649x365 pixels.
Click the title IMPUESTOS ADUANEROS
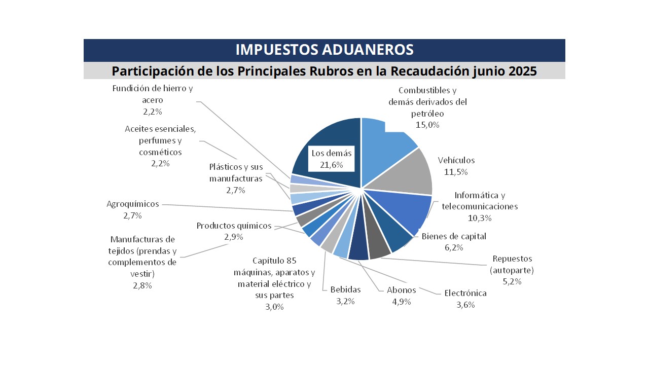pos(324,50)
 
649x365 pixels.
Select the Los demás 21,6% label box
pos(332,159)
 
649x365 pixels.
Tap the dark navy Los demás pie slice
pos(324,137)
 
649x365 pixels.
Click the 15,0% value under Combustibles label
pos(427,125)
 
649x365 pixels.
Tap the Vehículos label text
pos(456,160)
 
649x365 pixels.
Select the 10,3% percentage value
pos(480,218)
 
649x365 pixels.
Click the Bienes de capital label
pos(454,236)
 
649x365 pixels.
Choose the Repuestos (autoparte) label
pos(512,265)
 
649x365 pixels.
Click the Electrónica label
pos(465,293)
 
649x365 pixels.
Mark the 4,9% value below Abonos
pos(401,302)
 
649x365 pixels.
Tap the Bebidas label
pos(345,290)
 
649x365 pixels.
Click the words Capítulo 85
pos(274,261)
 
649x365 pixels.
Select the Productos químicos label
pos(234,226)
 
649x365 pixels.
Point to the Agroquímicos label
pos(132,204)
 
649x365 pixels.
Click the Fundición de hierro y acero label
pos(153,94)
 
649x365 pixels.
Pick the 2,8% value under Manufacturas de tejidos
pos(142,285)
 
